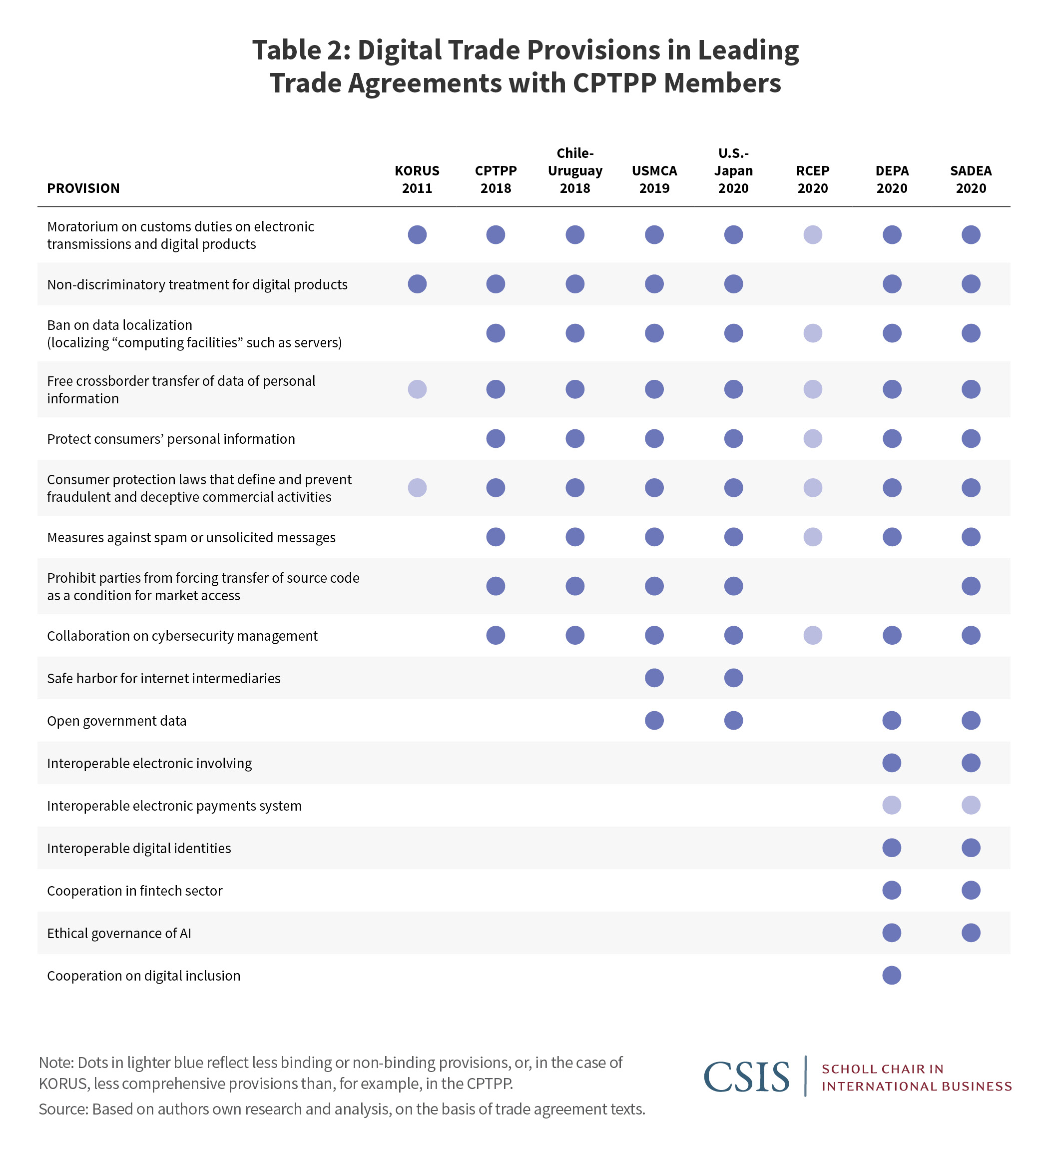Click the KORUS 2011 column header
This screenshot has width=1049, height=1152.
click(x=417, y=179)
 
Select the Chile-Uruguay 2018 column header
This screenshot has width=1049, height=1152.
click(x=574, y=170)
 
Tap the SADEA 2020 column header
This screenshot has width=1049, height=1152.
click(x=970, y=179)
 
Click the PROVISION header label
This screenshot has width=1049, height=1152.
click(x=83, y=188)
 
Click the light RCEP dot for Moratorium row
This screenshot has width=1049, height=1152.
click(x=812, y=234)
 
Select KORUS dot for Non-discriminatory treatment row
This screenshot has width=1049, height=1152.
click(x=417, y=283)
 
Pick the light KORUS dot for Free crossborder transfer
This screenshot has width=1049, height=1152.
click(x=417, y=389)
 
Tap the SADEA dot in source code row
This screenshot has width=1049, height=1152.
click(x=970, y=586)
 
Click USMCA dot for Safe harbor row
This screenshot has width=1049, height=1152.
click(x=654, y=678)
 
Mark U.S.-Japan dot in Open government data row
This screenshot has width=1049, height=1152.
click(x=733, y=720)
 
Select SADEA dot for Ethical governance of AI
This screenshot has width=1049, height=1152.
click(x=970, y=933)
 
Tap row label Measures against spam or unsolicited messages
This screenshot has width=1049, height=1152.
click(x=191, y=537)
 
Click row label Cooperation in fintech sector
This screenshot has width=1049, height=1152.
click(x=134, y=890)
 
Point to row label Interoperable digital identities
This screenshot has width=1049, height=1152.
click(x=139, y=848)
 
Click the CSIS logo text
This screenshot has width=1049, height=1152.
click(x=746, y=1077)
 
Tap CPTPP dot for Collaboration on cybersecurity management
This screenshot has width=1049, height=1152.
click(x=495, y=635)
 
